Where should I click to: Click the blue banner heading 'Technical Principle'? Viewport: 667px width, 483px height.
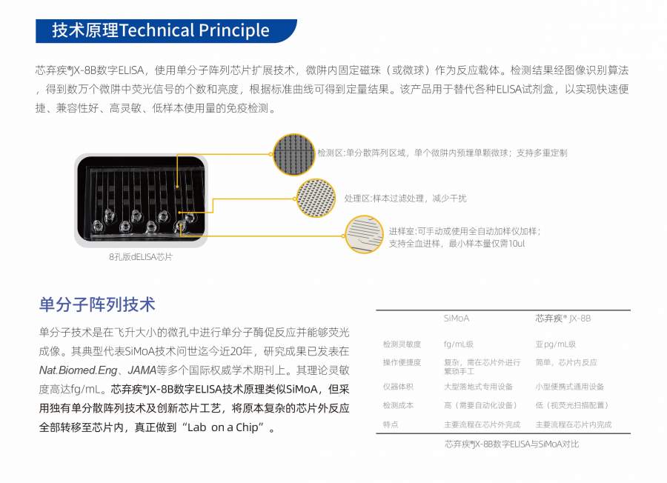[166, 30]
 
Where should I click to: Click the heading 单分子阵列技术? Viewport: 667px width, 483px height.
[97, 304]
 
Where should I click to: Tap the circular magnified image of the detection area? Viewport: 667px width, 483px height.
[293, 154]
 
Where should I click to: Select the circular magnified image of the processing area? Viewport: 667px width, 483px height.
[316, 198]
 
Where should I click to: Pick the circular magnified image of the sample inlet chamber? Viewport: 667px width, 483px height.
[364, 234]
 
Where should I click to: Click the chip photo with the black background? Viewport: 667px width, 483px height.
[142, 199]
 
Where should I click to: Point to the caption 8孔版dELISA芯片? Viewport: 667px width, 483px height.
[141, 257]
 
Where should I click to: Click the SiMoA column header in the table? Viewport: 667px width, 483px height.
[456, 319]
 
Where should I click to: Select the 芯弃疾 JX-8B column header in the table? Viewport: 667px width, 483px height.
[563, 319]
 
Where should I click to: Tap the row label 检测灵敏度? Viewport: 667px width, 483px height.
[402, 344]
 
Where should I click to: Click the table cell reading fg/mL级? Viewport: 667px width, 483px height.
[458, 344]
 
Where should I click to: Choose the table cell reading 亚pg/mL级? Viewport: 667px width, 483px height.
[555, 344]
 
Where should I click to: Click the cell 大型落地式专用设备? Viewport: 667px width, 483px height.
[478, 387]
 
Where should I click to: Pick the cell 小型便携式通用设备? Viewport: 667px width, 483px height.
[570, 387]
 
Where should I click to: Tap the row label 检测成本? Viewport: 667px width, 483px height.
[398, 405]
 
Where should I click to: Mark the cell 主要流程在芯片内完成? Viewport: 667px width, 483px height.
[574, 424]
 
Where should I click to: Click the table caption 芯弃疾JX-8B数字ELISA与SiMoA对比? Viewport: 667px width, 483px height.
[511, 444]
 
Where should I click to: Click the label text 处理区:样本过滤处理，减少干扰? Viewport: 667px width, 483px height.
[405, 198]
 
